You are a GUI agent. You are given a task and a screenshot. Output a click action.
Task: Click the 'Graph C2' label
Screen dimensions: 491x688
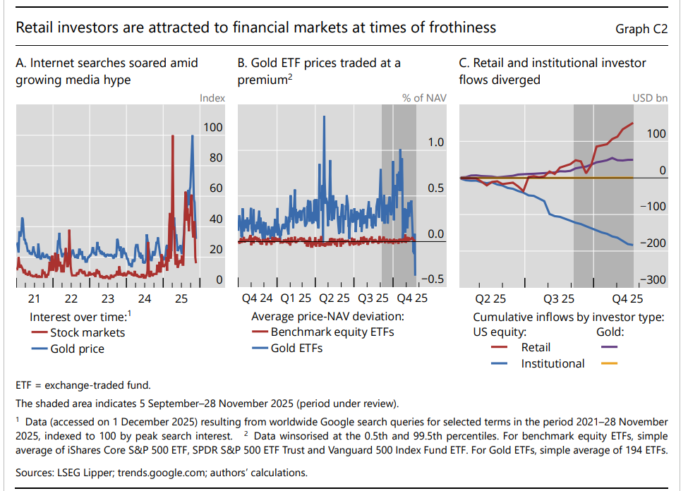(641, 29)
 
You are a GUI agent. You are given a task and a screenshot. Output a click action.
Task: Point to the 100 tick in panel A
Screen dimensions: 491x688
(212, 127)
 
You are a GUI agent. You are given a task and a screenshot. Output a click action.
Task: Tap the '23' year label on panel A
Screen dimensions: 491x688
(107, 299)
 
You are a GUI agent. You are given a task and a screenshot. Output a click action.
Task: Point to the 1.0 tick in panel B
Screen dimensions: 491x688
(437, 143)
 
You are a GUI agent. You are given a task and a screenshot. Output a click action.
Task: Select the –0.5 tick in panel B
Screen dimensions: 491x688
(434, 279)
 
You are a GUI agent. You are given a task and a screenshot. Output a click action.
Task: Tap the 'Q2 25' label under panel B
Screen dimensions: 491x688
(334, 299)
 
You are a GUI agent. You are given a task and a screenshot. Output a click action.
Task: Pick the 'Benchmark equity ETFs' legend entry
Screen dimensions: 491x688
(332, 332)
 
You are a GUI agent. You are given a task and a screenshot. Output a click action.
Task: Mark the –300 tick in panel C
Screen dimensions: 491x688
(653, 279)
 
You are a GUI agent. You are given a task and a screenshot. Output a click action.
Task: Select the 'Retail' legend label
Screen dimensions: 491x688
(536, 347)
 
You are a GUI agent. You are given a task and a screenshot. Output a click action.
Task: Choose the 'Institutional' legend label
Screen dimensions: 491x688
(553, 364)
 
